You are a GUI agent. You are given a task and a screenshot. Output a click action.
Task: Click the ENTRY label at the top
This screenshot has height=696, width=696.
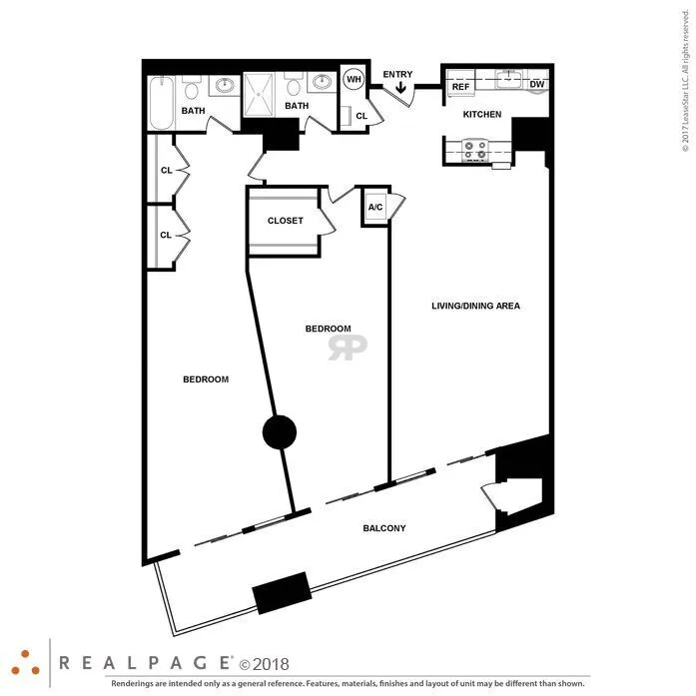[x=397, y=74]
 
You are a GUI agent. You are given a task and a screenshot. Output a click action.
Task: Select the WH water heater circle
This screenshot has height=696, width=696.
[x=353, y=80]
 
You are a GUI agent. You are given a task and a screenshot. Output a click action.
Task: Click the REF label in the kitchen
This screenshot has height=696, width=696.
[x=460, y=87]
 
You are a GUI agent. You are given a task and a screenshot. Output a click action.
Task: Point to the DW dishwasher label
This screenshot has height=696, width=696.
[x=536, y=85]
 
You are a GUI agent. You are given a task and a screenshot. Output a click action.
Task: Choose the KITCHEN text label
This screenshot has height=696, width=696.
[x=481, y=115]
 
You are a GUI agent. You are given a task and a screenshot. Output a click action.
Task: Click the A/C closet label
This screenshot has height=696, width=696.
[x=375, y=208]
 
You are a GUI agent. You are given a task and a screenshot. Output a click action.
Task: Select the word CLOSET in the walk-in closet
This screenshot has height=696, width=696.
[x=286, y=221]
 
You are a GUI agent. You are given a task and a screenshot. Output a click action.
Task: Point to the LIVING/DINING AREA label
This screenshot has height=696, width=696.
[x=475, y=306]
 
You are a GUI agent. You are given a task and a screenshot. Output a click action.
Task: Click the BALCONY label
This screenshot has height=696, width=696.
[x=384, y=528]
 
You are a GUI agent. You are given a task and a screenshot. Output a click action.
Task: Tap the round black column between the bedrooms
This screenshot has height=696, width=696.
[x=279, y=431]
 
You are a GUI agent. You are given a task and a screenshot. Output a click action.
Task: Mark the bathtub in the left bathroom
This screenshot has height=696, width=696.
[x=163, y=103]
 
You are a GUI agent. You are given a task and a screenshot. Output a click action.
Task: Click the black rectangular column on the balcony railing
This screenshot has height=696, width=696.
[x=282, y=593]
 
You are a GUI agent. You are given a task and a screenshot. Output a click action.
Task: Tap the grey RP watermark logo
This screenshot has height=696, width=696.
[x=348, y=347]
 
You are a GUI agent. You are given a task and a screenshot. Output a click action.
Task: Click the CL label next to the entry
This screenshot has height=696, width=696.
[x=361, y=117]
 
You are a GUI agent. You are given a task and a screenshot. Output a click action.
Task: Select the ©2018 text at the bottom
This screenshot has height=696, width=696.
[x=261, y=662]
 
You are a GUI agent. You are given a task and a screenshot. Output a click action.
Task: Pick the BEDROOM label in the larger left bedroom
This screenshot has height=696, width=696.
[x=206, y=379]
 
